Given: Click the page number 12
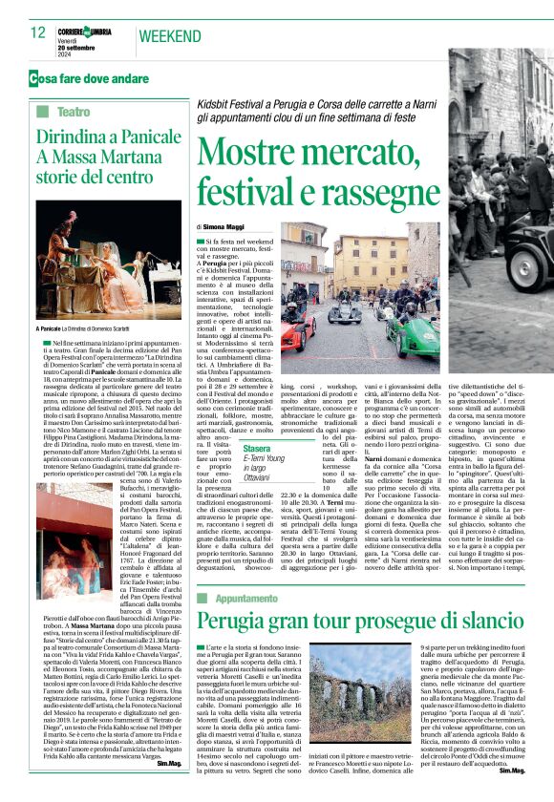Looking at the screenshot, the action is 38,32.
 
